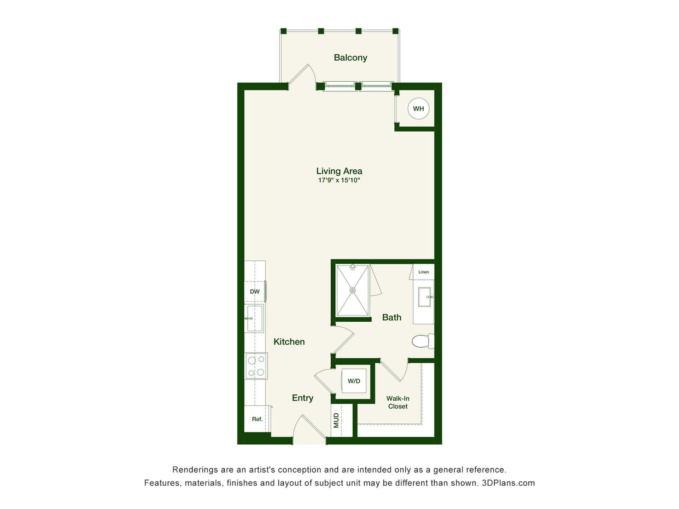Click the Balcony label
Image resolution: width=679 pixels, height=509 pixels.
pos(350,58)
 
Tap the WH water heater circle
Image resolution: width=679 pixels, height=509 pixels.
pos(418,109)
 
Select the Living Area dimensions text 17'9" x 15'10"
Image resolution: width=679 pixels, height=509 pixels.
pos(339,180)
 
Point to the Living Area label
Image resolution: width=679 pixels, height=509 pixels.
pos(339,171)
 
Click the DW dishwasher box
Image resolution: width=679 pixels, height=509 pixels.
pos(255,292)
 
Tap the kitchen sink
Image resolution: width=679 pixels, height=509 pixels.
pos(255,318)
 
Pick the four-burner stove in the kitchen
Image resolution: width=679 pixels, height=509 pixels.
pos(256,366)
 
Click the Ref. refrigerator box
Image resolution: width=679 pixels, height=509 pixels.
pos(257,419)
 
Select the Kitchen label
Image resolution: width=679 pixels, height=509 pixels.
pos(289,342)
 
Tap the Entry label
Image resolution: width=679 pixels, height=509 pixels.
pos(303,398)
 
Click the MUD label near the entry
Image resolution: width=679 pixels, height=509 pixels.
pos(336,420)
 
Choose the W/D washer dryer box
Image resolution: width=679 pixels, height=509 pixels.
pos(354,381)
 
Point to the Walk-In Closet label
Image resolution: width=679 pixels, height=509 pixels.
pos(398,402)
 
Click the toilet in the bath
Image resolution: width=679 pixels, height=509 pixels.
pos(423,341)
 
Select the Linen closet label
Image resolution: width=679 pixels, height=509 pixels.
pos(424,272)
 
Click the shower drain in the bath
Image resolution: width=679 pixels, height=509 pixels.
pos(353,291)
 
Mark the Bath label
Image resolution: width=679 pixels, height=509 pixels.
pos(392,317)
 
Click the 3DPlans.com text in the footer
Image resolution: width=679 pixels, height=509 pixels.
pos(508,483)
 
